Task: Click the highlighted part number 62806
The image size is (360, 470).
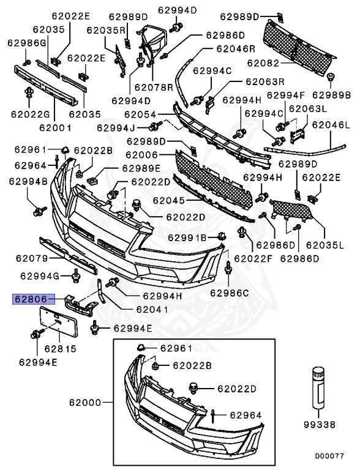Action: pos(31,299)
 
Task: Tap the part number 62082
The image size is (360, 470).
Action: pos(265,63)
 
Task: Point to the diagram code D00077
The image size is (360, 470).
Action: pos(330,456)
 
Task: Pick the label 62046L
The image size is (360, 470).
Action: pos(331,125)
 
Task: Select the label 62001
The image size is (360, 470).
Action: pos(56,128)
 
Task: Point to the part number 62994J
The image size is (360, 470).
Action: pos(116,128)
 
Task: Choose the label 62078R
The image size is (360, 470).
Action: pos(154,88)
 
